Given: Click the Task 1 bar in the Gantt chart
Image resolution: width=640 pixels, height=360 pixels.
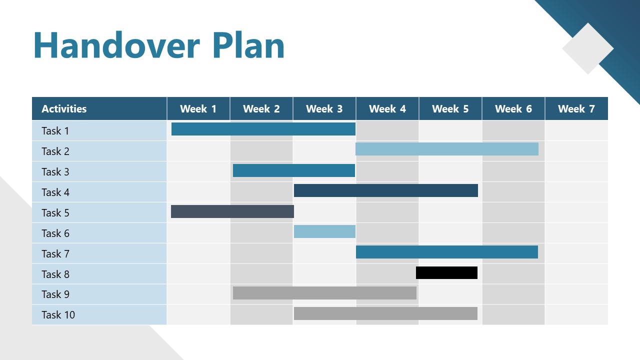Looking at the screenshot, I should coord(263,129).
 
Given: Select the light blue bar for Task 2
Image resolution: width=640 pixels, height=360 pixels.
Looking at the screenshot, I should coord(446,149).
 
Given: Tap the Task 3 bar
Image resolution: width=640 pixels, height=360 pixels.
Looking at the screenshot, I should coord(293,170).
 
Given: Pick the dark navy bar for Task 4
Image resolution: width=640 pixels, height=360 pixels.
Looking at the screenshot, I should coord(385,190).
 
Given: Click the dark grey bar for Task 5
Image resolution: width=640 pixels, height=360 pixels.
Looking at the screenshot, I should coord(232,211).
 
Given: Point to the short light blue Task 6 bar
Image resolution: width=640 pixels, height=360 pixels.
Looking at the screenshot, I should coord(324,231).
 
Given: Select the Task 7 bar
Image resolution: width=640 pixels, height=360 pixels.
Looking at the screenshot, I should coord(446,252).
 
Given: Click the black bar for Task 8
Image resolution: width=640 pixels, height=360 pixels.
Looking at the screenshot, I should coord(446,272).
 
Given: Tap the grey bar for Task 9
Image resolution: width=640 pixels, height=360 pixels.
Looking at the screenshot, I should coord(324,293).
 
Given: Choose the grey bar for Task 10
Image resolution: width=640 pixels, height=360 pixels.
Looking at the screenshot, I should coord(385,313).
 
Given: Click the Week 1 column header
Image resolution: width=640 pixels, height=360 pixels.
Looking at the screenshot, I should coord(198,109).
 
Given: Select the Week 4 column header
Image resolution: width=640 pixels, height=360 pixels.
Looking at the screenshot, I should coord(387,109).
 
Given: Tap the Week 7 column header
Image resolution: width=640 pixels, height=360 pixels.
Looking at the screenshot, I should coord(576,109).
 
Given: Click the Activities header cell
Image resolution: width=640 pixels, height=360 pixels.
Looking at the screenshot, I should coord(64,109).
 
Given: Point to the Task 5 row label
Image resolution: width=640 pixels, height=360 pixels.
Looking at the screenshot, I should coord(55,213).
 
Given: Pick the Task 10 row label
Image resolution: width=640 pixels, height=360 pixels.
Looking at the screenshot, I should coord(58,315).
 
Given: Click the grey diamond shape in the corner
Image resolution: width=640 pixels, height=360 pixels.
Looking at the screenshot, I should coord(587,48).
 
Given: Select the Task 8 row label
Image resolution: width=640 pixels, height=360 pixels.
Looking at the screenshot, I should coord(55,274).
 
